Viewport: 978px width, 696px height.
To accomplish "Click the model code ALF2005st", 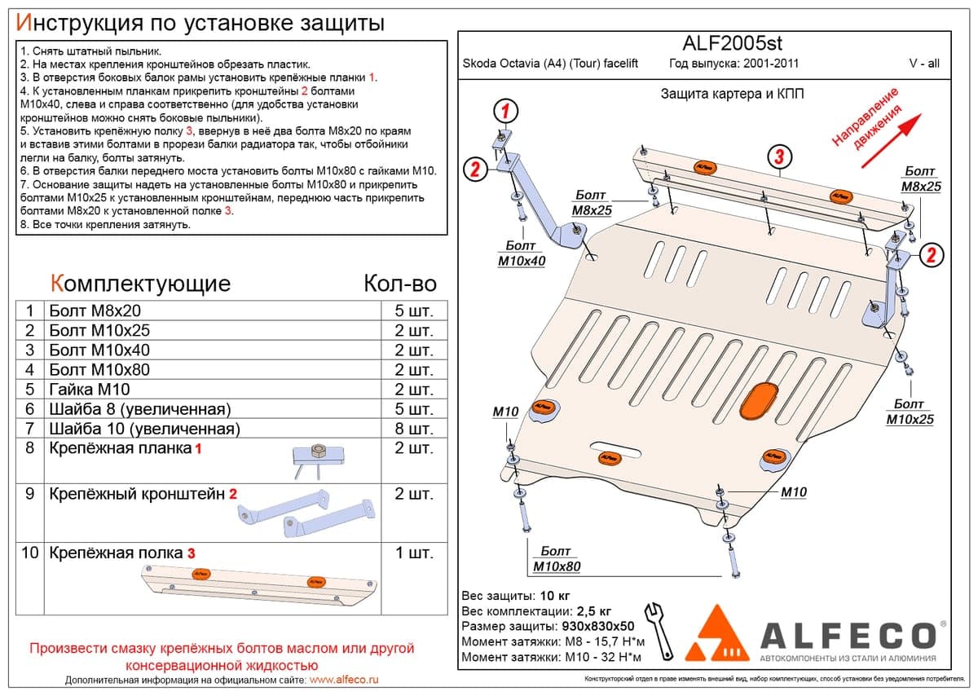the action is click(732, 43).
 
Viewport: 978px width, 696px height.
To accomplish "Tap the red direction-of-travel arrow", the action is click(891, 141).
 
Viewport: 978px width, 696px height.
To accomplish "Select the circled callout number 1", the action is click(505, 111).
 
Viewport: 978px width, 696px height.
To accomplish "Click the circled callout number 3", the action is click(780, 157).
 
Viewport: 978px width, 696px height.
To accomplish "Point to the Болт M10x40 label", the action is click(522, 253).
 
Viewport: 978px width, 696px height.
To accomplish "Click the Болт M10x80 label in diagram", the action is click(557, 559).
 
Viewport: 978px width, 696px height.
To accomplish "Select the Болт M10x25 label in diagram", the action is click(910, 412).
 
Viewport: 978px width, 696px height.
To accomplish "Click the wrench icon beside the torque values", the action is click(659, 632).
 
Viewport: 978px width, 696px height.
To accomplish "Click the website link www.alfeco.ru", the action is click(344, 680).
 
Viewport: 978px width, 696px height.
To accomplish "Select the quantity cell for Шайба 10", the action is click(414, 429).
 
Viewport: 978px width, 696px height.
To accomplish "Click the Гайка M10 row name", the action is click(90, 389).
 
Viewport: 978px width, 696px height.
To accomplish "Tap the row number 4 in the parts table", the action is click(29, 370).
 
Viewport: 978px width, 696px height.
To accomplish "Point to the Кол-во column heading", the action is click(400, 284).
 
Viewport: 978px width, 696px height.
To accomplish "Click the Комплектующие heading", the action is click(140, 284).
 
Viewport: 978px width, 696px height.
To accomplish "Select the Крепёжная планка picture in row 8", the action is click(317, 461).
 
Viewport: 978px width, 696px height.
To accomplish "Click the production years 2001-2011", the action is click(771, 64).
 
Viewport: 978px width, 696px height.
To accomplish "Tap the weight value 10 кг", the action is click(554, 596).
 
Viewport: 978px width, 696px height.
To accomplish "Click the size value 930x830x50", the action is click(597, 627).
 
